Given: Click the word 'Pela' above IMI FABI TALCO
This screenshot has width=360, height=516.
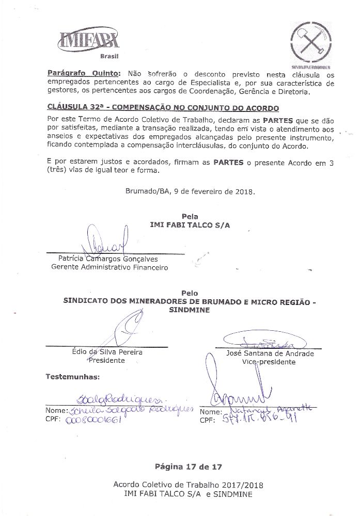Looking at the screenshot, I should (190, 217).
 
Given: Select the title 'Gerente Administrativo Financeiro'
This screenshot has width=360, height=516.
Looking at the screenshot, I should (109, 267).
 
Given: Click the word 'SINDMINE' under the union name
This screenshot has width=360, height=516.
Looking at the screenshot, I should (190, 310).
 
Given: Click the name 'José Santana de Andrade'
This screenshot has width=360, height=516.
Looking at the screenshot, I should (270, 353).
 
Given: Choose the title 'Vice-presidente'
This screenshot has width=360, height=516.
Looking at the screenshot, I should (269, 362).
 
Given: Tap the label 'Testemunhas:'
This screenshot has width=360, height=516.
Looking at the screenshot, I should (72, 377).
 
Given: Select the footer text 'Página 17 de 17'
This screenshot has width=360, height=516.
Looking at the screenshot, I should (188, 466).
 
